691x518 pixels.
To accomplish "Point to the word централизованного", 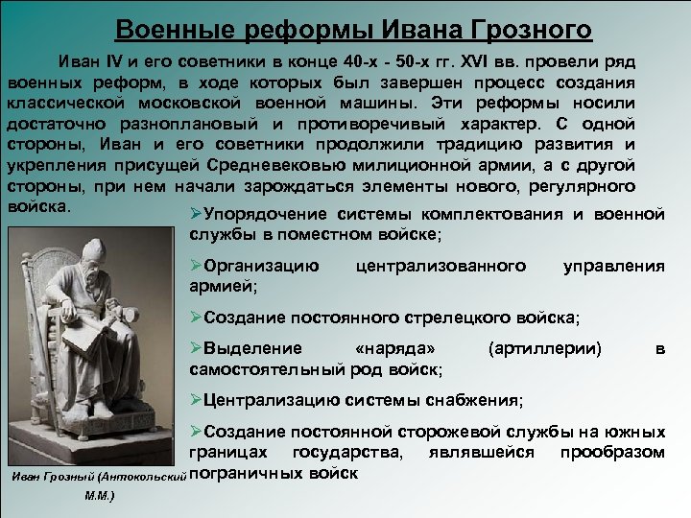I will (441, 264).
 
